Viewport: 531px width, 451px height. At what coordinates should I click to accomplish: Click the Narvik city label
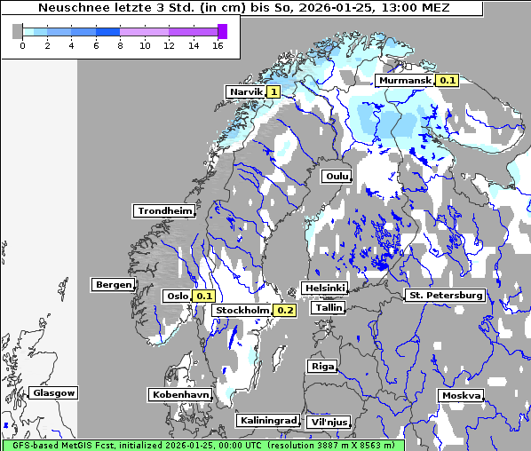245,91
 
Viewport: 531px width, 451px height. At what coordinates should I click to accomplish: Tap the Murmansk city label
405,81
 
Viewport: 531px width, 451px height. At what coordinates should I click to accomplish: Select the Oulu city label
337,176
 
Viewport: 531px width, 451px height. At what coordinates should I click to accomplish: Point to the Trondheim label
164,211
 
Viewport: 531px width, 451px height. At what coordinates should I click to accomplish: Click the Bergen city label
112,285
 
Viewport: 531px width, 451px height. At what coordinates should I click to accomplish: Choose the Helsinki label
324,289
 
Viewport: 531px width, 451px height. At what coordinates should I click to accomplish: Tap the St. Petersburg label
444,295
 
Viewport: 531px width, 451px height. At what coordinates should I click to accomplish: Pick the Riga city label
321,366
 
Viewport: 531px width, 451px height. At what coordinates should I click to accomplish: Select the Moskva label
461,396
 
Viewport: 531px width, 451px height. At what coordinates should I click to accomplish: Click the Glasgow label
53,392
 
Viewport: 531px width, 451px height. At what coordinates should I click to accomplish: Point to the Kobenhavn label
180,394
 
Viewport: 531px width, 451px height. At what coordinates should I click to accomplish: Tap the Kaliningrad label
267,420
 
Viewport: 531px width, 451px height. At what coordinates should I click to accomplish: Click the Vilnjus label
328,423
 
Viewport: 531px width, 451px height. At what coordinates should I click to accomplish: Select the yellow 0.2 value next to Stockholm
284,311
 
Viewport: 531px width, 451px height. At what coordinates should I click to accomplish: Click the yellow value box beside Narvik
273,91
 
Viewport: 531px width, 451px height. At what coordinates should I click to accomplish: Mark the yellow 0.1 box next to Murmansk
448,81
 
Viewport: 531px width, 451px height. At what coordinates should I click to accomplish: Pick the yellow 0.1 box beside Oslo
204,296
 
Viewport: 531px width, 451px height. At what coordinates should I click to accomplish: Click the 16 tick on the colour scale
218,45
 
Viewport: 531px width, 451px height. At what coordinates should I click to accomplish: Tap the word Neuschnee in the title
69,8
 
